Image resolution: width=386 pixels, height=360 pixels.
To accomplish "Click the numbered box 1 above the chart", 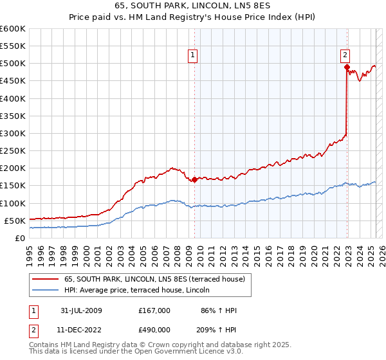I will [194, 55].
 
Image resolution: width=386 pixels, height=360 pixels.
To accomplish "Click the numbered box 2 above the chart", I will [345, 55].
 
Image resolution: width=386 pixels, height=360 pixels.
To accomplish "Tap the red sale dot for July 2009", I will [194, 179].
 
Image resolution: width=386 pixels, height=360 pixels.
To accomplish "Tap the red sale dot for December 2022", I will [347, 67].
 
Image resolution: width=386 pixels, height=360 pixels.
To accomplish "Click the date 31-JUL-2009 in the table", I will [79, 310].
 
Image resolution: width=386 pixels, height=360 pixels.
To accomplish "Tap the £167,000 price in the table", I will [154, 310].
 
